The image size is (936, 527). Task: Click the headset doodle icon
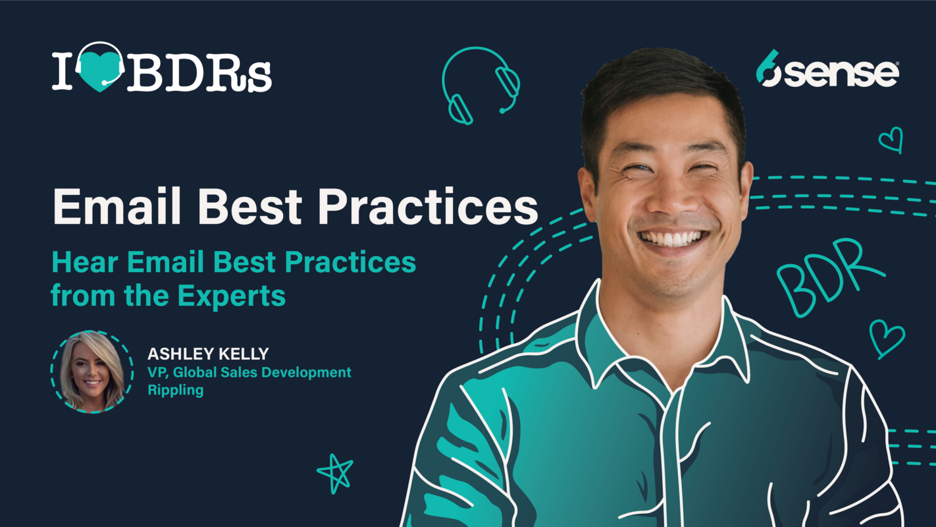pos(481,84)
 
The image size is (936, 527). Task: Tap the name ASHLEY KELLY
pos(208,354)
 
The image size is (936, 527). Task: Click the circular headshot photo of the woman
pos(92,372)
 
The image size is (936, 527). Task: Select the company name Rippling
pos(175,390)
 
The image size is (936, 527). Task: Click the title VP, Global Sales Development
pos(249,372)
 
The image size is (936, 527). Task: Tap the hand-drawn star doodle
pos(335,472)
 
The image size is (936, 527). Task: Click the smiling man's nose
pos(666,198)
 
